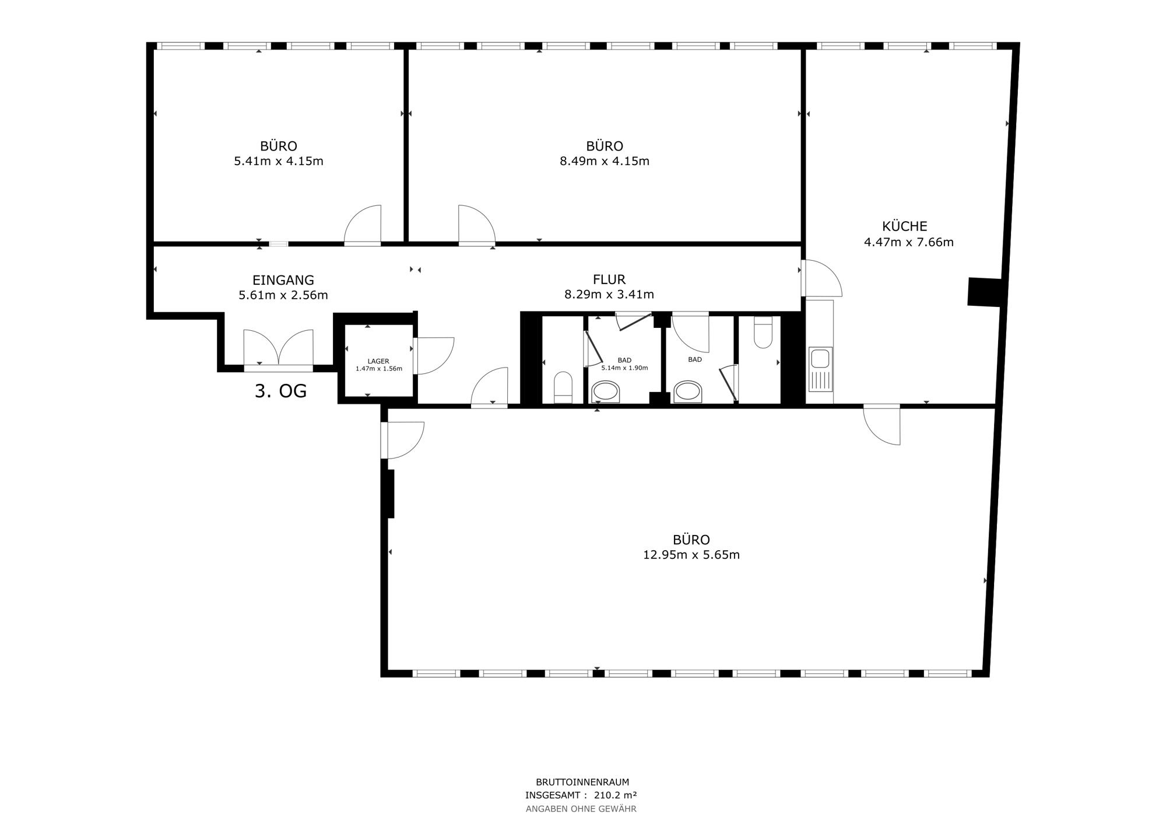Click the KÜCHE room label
click(905, 226)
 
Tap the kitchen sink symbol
click(820, 369)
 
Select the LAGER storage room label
click(378, 361)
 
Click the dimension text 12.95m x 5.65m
click(691, 555)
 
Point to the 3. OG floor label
click(280, 391)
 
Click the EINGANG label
click(283, 280)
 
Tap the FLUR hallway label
click(609, 280)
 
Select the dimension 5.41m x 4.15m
click(279, 161)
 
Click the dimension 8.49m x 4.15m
click(605, 161)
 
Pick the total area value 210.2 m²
click(615, 795)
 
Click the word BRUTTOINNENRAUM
click(582, 782)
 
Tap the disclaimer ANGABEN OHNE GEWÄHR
click(581, 809)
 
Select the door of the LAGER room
click(433, 356)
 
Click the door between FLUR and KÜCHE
click(821, 278)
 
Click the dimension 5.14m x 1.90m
click(624, 368)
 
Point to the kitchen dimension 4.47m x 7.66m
click(909, 242)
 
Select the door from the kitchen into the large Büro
click(882, 424)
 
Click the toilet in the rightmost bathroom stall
click(763, 333)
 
